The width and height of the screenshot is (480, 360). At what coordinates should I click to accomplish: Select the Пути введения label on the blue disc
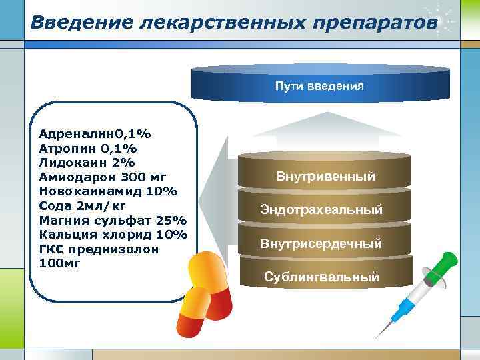(320, 87)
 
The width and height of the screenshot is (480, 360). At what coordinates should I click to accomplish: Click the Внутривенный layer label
(325, 177)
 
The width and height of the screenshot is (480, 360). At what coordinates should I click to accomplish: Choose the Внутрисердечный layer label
(321, 243)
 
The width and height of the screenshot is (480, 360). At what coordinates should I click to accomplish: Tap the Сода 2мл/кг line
(83, 206)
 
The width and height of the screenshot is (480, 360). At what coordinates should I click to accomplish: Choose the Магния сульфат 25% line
(113, 221)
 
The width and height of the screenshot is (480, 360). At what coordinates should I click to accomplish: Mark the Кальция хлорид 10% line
(113, 235)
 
